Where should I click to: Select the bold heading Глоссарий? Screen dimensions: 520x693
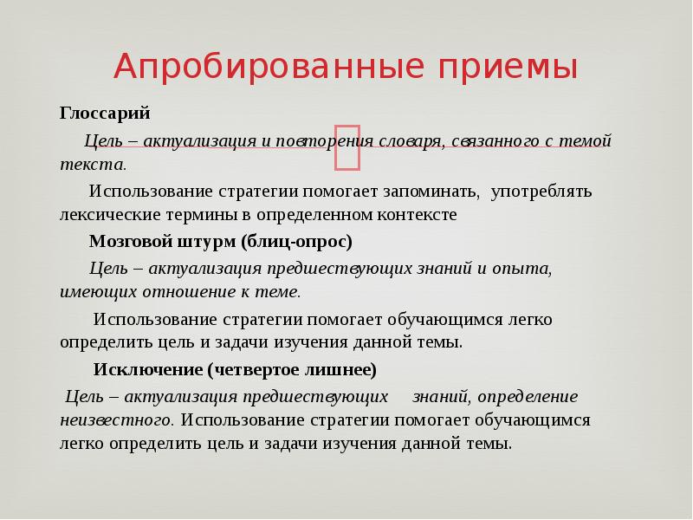(x=105, y=114)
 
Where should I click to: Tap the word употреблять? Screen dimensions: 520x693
(x=541, y=191)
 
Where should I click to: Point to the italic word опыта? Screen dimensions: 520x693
(x=521, y=268)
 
